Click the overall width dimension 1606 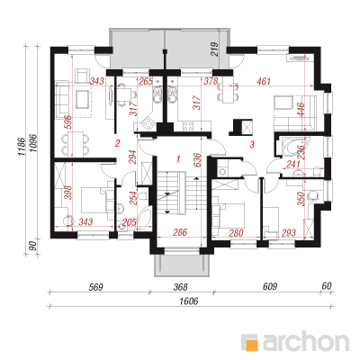189,301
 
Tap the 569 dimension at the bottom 96,287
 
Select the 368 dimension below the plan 181,287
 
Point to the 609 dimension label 269,287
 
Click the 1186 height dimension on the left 21,147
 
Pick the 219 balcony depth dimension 215,49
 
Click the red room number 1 178,158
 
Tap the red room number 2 117,143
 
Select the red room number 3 252,145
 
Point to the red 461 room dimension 263,81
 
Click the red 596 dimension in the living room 68,122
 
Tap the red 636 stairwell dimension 197,160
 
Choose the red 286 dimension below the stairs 180,232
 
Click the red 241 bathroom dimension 293,164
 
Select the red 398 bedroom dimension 68,193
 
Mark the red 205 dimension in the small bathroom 129,222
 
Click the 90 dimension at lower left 33,246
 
